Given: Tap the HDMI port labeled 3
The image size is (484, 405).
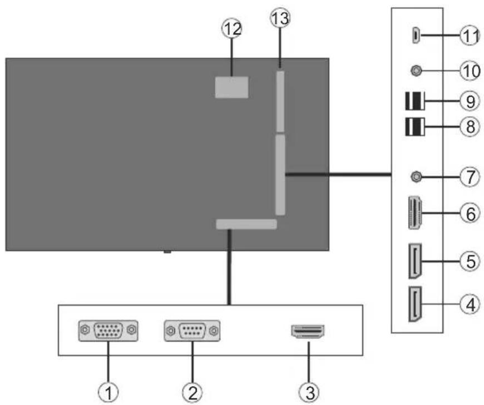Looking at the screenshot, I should [x=308, y=332].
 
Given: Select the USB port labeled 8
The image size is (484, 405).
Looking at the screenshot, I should [x=413, y=127].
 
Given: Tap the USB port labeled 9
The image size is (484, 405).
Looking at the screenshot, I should [x=413, y=102].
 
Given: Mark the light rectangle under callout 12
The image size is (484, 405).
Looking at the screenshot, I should [x=231, y=87].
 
